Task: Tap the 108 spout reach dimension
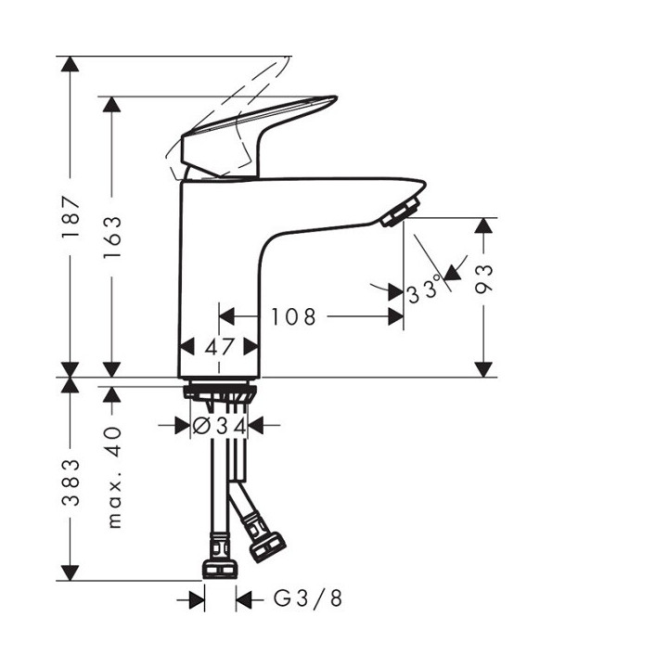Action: click(x=294, y=317)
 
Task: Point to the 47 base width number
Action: click(x=219, y=347)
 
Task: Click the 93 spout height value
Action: click(x=483, y=278)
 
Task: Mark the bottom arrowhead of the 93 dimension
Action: click(x=483, y=368)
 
